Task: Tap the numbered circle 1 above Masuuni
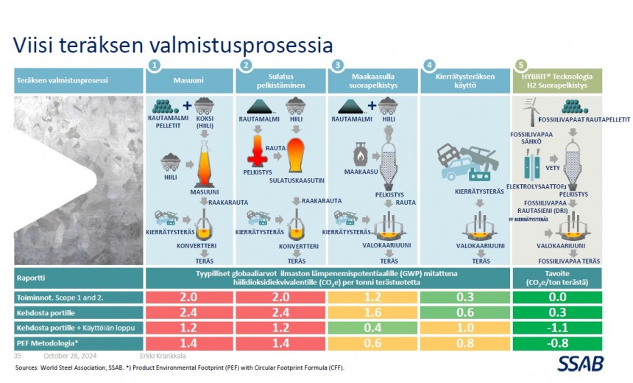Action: [x=154, y=66]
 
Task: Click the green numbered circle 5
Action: [x=521, y=66]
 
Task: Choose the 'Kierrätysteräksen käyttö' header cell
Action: [x=465, y=81]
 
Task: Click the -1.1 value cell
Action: [x=557, y=328]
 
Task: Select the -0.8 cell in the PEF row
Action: [x=557, y=343]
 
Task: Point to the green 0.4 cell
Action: [x=373, y=328]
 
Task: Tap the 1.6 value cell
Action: [x=373, y=312]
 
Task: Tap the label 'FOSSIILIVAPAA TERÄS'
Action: [x=569, y=261]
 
